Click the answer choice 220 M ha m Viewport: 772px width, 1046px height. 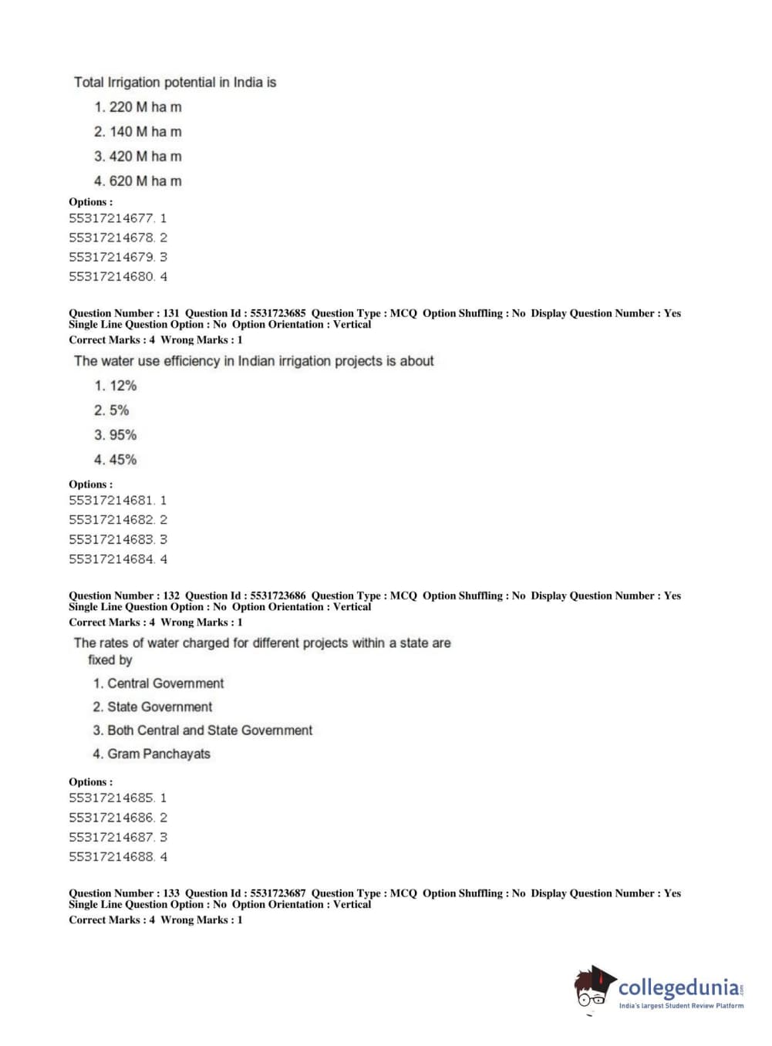click(138, 107)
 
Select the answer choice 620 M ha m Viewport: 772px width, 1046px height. click(138, 181)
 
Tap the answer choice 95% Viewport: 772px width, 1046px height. click(116, 435)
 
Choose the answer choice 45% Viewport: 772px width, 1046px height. click(116, 460)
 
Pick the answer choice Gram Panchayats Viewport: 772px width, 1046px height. click(152, 754)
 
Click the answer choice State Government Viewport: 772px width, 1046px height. click(153, 707)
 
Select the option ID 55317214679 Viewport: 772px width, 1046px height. click(112, 257)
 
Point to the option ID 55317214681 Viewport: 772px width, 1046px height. click(112, 501)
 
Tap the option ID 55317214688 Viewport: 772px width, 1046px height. click(112, 857)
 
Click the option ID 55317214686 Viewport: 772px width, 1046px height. click(112, 818)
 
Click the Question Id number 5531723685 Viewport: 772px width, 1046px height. click(278, 313)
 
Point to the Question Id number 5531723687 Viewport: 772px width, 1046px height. click(278, 893)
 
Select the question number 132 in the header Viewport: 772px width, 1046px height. click(171, 596)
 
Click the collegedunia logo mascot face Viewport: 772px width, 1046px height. click(592, 988)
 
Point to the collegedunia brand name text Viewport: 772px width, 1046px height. click(679, 987)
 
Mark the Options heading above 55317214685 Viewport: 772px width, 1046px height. click(90, 781)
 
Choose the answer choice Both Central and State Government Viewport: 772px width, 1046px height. click(203, 731)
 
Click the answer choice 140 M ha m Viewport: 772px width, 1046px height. click(138, 132)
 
